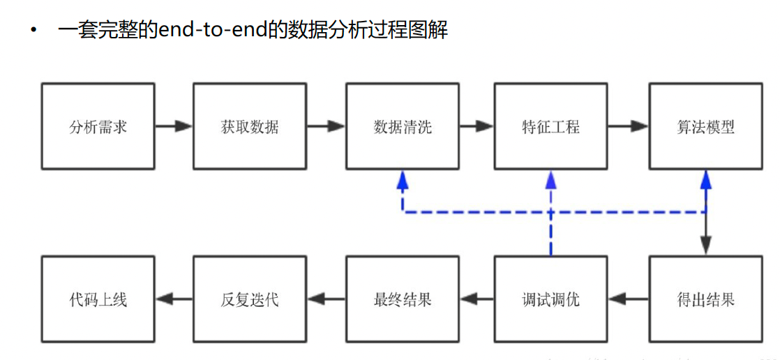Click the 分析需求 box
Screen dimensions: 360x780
(x=98, y=126)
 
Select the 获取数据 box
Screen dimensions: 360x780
(x=250, y=126)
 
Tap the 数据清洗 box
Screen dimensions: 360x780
(x=403, y=126)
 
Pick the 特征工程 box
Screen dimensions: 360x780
(x=550, y=126)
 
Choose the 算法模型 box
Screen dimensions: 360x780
(x=705, y=126)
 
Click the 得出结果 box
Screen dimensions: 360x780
(x=705, y=300)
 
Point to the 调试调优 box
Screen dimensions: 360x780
(x=550, y=300)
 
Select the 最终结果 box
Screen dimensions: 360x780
(x=403, y=300)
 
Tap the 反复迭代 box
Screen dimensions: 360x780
(x=250, y=300)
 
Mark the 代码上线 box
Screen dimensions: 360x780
(x=98, y=300)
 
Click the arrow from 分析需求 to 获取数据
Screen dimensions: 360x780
(x=174, y=126)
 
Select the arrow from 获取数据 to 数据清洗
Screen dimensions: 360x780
(x=326, y=126)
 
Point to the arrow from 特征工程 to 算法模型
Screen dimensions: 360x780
(x=628, y=126)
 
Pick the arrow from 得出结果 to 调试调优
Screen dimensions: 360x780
(x=628, y=300)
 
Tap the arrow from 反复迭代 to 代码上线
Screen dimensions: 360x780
(x=174, y=300)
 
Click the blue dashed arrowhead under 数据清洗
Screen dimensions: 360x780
(x=403, y=181)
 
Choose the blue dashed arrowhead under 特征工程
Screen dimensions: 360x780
(x=551, y=181)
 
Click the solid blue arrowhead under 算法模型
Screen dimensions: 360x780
(x=706, y=181)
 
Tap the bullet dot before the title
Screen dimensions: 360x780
(x=32, y=31)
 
